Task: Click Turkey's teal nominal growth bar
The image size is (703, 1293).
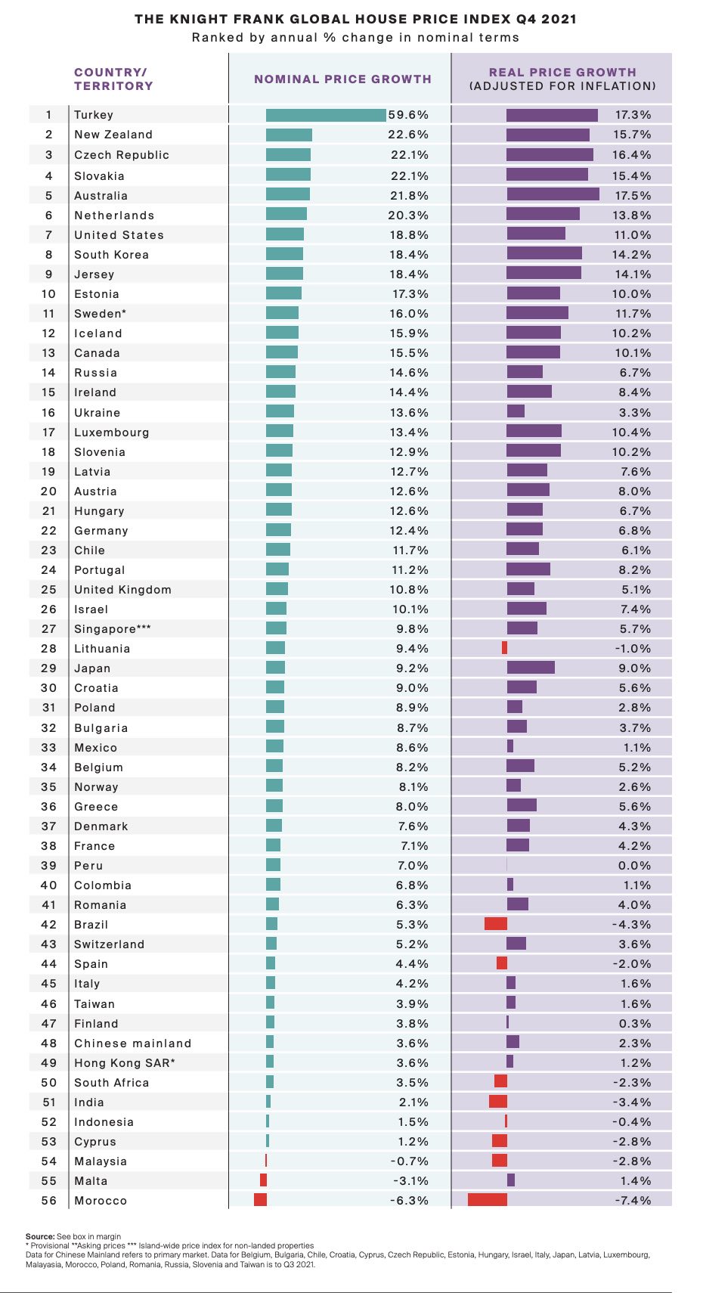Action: (326, 115)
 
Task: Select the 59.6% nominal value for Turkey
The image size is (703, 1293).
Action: (408, 115)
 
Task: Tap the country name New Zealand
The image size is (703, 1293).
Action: (113, 135)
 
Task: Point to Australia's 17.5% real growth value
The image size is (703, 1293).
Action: (632, 195)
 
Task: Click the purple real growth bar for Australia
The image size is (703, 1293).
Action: (553, 195)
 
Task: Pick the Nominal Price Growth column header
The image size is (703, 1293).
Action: (342, 79)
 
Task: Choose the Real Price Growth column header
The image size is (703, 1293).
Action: (562, 79)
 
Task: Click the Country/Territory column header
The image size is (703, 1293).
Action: (113, 79)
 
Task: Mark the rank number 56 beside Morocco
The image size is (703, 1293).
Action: (49, 1201)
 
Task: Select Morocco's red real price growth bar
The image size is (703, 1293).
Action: (488, 1200)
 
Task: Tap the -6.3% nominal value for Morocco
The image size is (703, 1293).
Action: (410, 1201)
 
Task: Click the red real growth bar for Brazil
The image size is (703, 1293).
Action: (496, 924)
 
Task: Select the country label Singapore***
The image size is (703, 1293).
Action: (113, 629)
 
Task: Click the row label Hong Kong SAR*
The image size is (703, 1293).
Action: (125, 1063)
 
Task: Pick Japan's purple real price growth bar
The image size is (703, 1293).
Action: (531, 668)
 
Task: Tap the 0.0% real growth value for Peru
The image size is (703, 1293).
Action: (635, 866)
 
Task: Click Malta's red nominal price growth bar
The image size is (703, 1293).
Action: (263, 1180)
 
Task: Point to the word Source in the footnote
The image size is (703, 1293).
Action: (39, 1236)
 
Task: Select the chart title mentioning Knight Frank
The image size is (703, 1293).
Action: (355, 20)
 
